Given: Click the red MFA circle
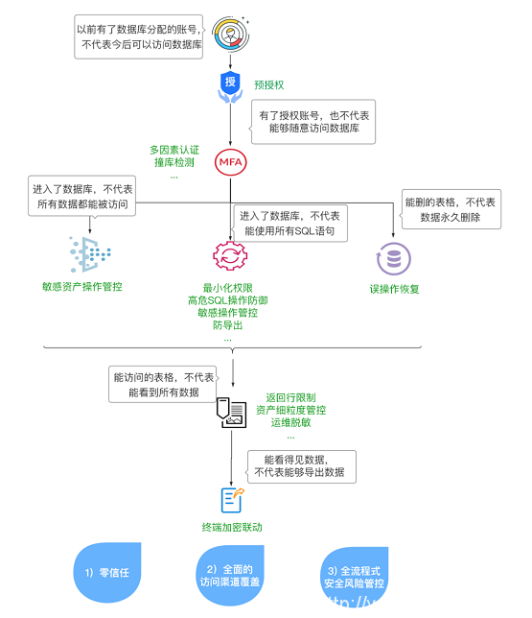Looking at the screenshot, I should point(231,161).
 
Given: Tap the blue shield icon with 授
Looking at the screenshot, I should point(230,83).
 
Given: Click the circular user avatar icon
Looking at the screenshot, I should point(231,33).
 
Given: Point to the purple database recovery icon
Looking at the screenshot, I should point(394,257).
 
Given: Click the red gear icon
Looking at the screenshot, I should point(229,256).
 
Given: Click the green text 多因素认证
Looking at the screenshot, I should point(174,150).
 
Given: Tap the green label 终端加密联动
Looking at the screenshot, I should point(231,528).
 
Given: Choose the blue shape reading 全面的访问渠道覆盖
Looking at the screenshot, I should point(229,575).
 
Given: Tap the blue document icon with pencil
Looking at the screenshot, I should point(232,498).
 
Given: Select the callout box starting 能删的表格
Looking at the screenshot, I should point(450,210).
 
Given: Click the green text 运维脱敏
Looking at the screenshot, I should point(289,422).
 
